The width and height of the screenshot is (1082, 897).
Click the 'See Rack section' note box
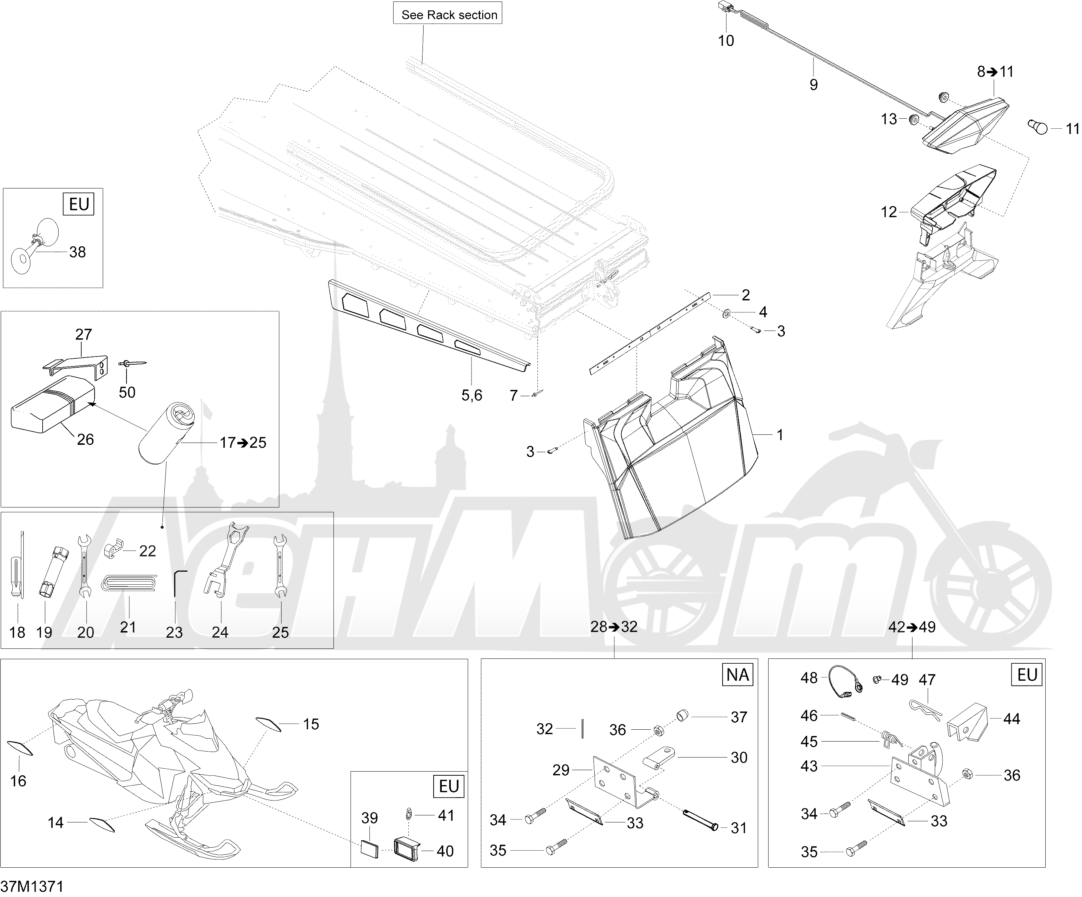[448, 14]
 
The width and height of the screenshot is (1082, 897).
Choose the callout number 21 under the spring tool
[128, 627]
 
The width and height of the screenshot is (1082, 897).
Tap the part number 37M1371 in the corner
[32, 886]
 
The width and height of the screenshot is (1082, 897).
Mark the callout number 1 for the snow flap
[780, 436]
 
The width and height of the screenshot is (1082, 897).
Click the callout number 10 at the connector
[726, 41]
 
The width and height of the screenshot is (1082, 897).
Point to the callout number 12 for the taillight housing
[889, 212]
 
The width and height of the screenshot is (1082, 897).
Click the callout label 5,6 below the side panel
[471, 395]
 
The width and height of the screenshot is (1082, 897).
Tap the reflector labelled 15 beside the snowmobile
[267, 724]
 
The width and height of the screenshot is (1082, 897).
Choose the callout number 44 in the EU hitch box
[1012, 719]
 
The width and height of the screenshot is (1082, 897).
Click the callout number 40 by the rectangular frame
[445, 851]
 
